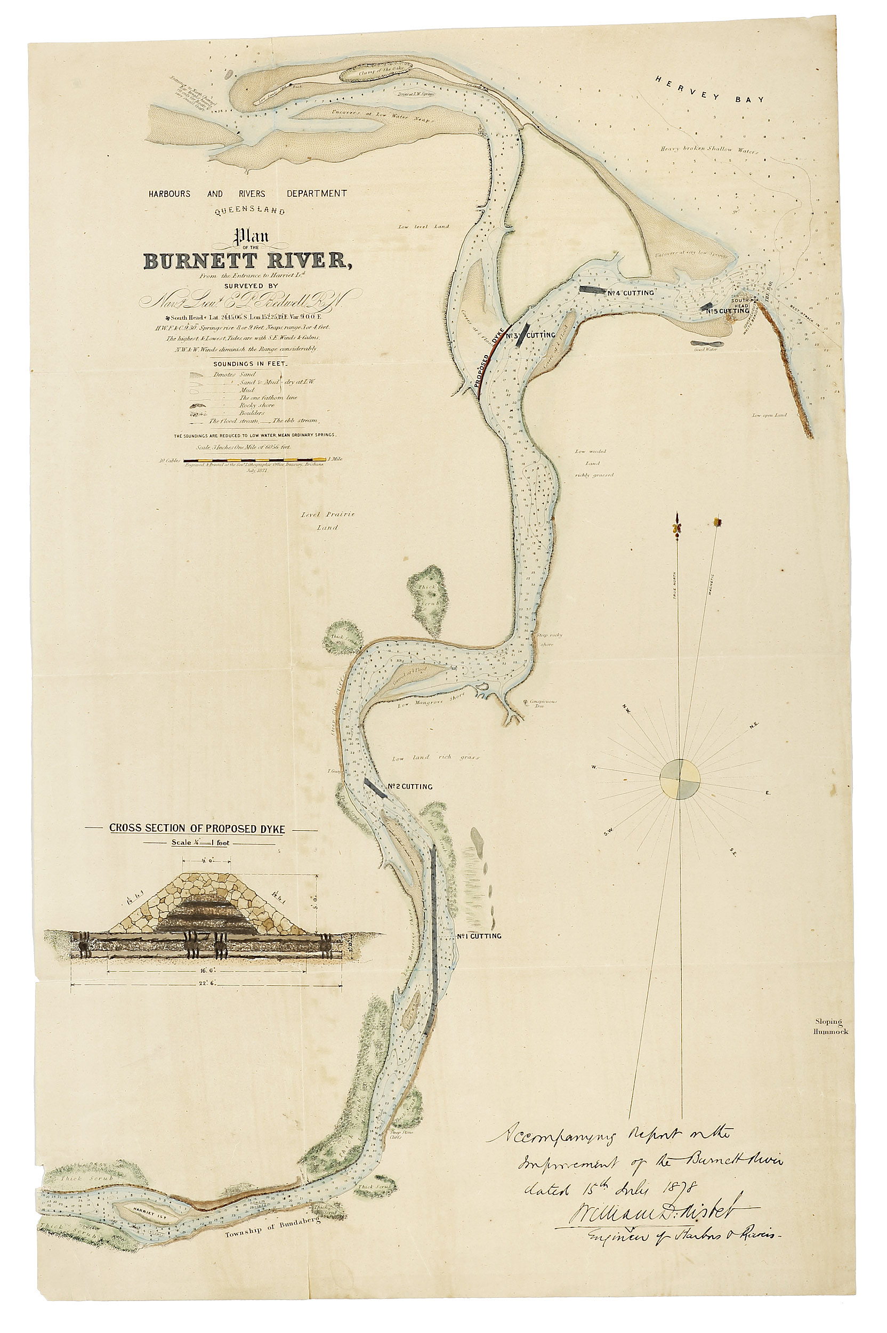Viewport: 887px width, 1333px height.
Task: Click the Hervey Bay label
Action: pos(709,90)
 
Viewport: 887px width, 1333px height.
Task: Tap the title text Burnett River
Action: pos(247,261)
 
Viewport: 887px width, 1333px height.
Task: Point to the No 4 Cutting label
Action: pos(631,293)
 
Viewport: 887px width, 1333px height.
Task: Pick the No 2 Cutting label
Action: pos(410,786)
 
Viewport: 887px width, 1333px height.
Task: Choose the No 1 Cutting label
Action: pos(479,936)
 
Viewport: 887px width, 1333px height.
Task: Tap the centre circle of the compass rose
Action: pos(680,779)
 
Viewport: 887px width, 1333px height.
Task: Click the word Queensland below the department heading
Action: pos(249,212)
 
